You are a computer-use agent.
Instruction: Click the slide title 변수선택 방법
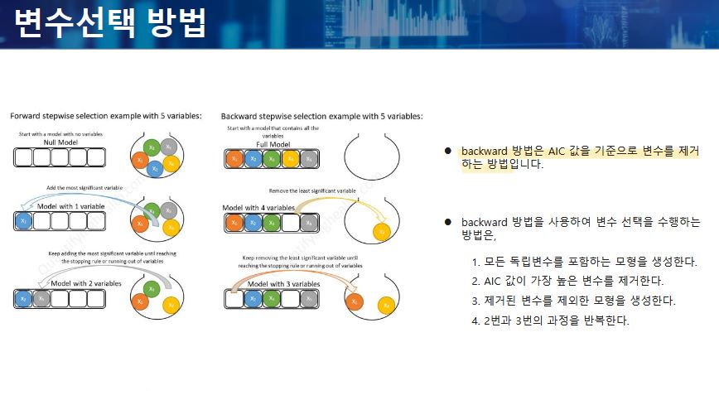pyautogui.click(x=110, y=22)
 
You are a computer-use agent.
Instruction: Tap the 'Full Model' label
pyautogui.click(x=273, y=144)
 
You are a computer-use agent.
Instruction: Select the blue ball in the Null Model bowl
pyautogui.click(x=154, y=167)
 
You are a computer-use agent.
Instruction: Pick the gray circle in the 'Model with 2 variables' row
pyautogui.click(x=41, y=298)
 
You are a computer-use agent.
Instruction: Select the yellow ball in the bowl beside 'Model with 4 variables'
pyautogui.click(x=382, y=231)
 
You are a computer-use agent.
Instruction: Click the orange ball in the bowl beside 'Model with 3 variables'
pyautogui.click(x=355, y=302)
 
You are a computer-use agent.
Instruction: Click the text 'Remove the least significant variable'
pyautogui.click(x=312, y=190)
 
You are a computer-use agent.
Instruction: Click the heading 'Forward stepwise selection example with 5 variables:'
pyautogui.click(x=105, y=117)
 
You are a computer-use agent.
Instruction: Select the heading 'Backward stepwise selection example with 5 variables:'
pyautogui.click(x=322, y=117)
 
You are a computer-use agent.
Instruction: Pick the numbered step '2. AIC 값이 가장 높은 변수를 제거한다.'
pyautogui.click(x=567, y=282)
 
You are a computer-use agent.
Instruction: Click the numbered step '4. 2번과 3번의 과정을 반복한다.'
pyautogui.click(x=550, y=320)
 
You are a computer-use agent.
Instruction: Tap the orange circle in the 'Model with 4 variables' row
pyautogui.click(x=234, y=221)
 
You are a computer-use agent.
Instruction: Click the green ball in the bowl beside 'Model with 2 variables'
pyautogui.click(x=150, y=287)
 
